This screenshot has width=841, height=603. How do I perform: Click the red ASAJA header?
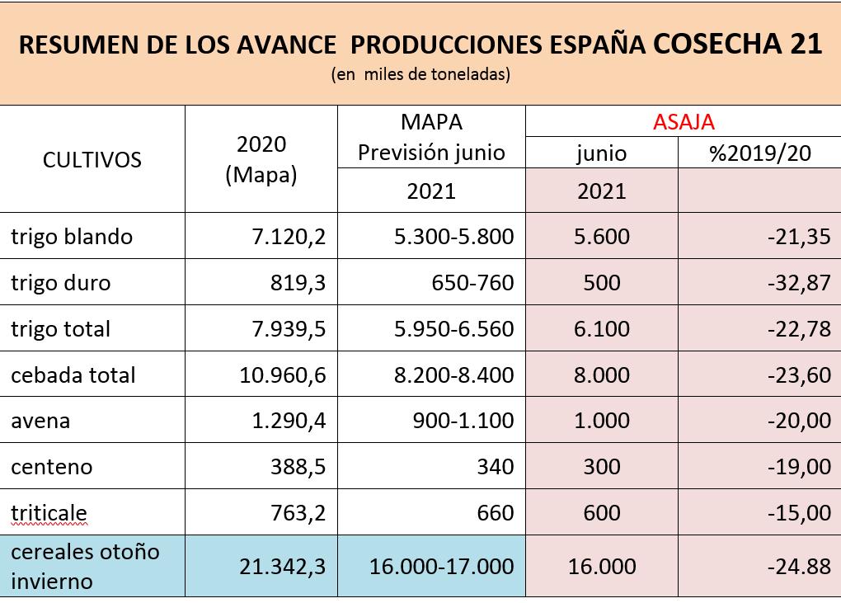[x=684, y=122]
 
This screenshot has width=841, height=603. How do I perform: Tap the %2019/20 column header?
[x=759, y=153]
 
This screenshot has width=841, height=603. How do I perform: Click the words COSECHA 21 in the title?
[x=737, y=44]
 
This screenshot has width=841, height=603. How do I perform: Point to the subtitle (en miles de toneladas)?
[x=420, y=74]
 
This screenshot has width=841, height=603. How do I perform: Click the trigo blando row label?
[x=72, y=237]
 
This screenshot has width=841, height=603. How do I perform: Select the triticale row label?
[x=49, y=513]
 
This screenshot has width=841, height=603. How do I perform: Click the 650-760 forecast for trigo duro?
[x=472, y=283]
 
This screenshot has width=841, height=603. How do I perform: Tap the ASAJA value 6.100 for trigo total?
[x=601, y=329]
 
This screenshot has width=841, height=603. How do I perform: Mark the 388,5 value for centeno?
[x=298, y=467]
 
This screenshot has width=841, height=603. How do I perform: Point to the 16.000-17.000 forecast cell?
[x=431, y=567]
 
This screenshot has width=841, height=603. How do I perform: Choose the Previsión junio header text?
[x=431, y=153]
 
